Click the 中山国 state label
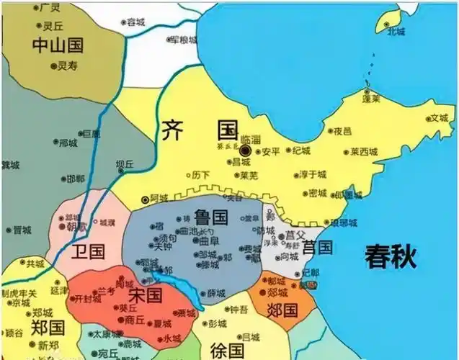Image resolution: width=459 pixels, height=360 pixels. click(58, 45)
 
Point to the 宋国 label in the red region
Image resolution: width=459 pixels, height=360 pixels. click(146, 296)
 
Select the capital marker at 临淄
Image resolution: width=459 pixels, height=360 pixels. click(245, 150)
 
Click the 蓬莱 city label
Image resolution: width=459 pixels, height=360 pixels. click(372, 99)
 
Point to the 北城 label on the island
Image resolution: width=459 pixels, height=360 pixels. click(396, 31)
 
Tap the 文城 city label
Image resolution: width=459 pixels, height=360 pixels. click(439, 118)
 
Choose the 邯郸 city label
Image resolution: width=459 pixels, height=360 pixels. click(75, 179)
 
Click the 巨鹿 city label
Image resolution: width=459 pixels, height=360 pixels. click(92, 134)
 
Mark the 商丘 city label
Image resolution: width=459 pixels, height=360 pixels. click(135, 318)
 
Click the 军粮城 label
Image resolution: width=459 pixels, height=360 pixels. click(183, 40)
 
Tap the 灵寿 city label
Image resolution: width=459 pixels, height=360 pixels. click(67, 66)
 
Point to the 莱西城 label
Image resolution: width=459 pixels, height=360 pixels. click(364, 152)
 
